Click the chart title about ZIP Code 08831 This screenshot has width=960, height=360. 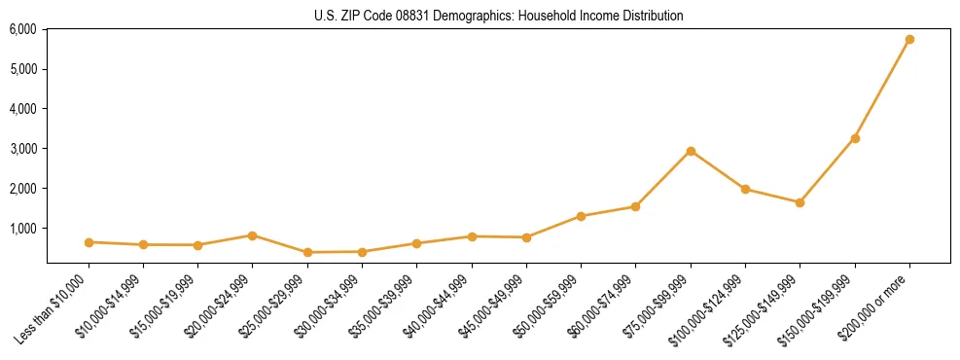[498, 16]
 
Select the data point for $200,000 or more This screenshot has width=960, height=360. [909, 40]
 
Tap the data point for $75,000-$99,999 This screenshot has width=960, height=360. [691, 151]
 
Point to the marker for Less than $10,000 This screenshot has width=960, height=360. [89, 242]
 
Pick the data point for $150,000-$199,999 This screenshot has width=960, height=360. [855, 138]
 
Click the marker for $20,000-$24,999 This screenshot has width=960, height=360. [252, 235]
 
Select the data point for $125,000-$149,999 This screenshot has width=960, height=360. [800, 202]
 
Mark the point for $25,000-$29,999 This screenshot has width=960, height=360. [307, 252]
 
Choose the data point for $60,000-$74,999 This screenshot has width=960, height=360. [635, 206]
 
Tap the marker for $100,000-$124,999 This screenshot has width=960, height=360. [745, 189]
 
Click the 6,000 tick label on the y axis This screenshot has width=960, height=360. [22, 29]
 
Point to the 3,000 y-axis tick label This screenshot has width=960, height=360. [22, 149]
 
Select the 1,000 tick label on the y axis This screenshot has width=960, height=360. [22, 228]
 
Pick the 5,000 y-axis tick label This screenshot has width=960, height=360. [22, 69]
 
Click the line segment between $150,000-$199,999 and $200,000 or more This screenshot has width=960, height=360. [882, 90]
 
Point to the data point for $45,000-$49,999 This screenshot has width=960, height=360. [526, 237]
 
